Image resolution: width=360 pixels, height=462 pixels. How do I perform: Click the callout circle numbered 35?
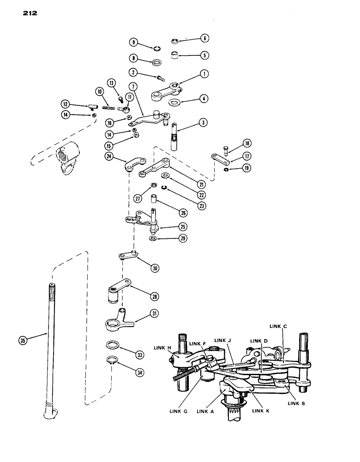pos(21,340)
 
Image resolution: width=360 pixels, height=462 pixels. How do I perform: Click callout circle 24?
pos(109,156)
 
